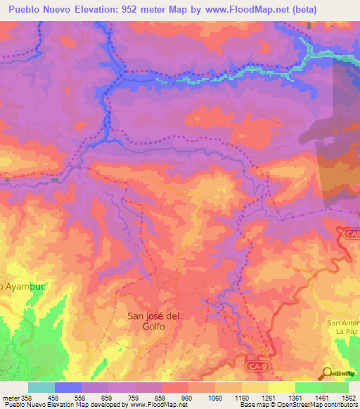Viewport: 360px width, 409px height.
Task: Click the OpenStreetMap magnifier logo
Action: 327,374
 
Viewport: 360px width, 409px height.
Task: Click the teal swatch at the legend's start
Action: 41,387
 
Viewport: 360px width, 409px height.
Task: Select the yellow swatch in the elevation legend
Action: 281,387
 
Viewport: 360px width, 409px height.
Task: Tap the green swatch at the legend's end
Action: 335,387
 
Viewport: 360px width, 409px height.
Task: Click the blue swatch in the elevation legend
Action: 67,387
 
